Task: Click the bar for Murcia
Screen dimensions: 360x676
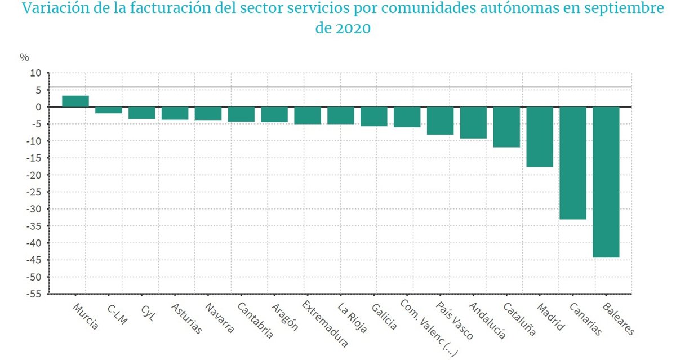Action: click(x=75, y=101)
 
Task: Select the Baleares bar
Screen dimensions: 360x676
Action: click(x=606, y=182)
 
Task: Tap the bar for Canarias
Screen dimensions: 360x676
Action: click(x=573, y=163)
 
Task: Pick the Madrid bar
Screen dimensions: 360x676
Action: click(x=540, y=137)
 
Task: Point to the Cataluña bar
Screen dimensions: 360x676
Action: click(x=506, y=127)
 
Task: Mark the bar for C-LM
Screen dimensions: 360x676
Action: click(x=109, y=110)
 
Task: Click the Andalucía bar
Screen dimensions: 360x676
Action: click(x=473, y=122)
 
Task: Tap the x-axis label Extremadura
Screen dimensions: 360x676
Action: click(x=326, y=323)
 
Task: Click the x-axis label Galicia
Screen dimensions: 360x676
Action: click(x=384, y=317)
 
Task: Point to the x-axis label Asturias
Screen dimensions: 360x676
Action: click(x=186, y=319)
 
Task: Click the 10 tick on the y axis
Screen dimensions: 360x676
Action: click(x=36, y=73)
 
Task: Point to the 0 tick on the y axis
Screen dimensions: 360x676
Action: click(x=38, y=107)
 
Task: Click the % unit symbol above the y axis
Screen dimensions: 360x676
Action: click(x=24, y=57)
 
